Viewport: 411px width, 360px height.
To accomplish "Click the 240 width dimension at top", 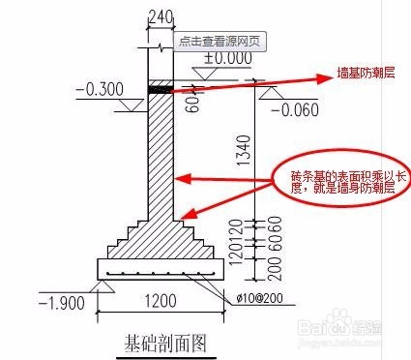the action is pos(161,15).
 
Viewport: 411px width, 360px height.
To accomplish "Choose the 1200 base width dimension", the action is pos(161,301).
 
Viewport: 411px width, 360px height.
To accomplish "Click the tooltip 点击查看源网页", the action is pos(217,43).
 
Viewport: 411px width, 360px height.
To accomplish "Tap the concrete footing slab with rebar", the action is pos(161,268).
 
